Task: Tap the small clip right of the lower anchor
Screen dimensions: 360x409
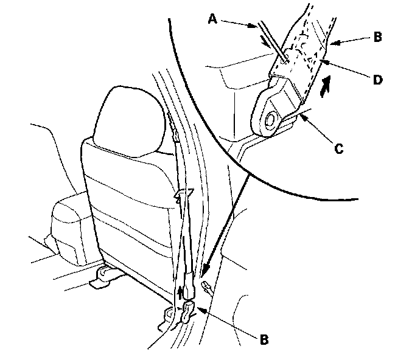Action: pyautogui.click(x=208, y=286)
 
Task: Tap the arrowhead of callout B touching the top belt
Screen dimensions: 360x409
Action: pyautogui.click(x=331, y=44)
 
